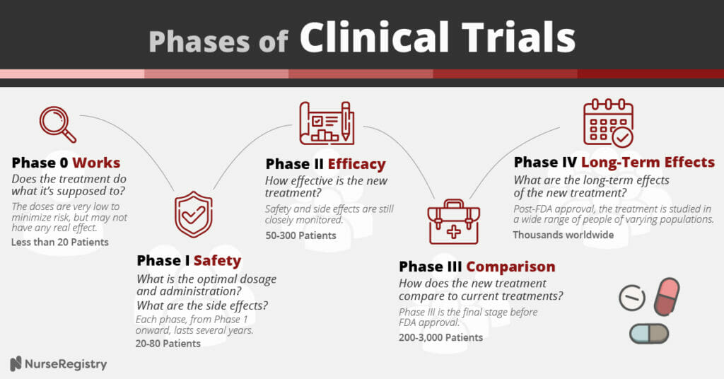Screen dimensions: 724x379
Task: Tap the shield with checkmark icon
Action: point(194,214)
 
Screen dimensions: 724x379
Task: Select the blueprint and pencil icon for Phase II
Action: point(327,123)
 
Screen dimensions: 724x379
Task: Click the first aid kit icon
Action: point(453,221)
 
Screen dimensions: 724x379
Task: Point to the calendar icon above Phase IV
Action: point(608,123)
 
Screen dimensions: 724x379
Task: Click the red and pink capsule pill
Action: point(666,296)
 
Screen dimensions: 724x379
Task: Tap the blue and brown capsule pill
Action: point(649,333)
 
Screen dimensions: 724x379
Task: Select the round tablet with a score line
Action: point(631,297)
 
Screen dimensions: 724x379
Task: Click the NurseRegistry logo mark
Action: point(16,363)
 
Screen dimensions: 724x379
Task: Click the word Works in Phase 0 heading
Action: point(96,163)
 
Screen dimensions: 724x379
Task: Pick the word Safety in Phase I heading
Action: point(217,261)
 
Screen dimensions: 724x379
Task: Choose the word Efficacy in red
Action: point(356,164)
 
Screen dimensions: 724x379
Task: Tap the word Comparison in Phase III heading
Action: point(510,267)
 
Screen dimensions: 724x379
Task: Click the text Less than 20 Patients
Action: point(60,242)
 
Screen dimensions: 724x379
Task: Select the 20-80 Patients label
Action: point(168,344)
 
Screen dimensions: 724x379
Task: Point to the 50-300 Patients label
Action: point(300,235)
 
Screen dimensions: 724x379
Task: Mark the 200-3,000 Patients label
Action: point(441,337)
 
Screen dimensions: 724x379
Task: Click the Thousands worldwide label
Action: point(564,235)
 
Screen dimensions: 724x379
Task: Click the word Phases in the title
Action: point(200,41)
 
